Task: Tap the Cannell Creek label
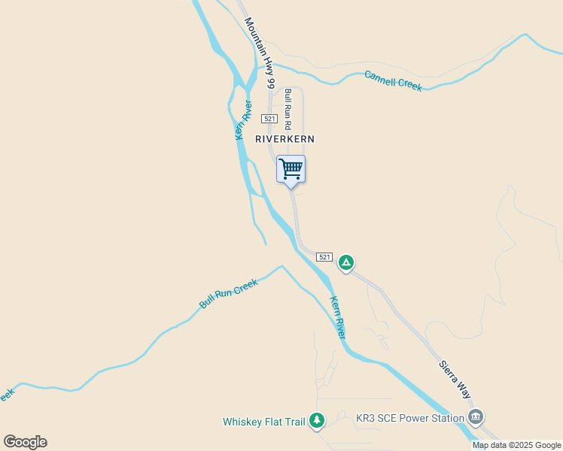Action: click(x=393, y=80)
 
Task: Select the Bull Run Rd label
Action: click(x=288, y=110)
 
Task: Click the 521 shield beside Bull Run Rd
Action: click(x=270, y=119)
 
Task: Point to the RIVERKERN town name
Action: click(x=285, y=139)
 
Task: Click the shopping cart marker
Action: click(x=291, y=169)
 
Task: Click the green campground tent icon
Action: click(x=345, y=262)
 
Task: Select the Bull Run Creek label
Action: click(x=228, y=293)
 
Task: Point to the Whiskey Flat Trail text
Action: click(x=264, y=422)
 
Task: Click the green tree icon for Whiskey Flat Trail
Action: click(x=317, y=420)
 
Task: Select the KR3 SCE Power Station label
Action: click(x=409, y=418)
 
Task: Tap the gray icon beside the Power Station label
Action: click(x=475, y=416)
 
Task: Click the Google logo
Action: click(x=25, y=442)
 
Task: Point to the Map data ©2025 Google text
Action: click(x=517, y=445)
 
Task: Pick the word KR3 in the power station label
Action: click(x=365, y=418)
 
